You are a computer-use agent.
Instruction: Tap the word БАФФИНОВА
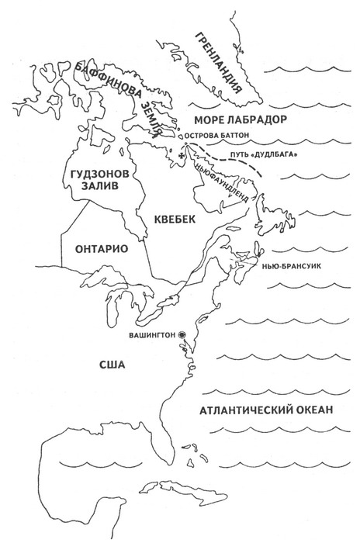click(x=116, y=89)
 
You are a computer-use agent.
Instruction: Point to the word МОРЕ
click(x=208, y=121)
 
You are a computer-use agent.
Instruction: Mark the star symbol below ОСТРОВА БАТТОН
click(x=181, y=157)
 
